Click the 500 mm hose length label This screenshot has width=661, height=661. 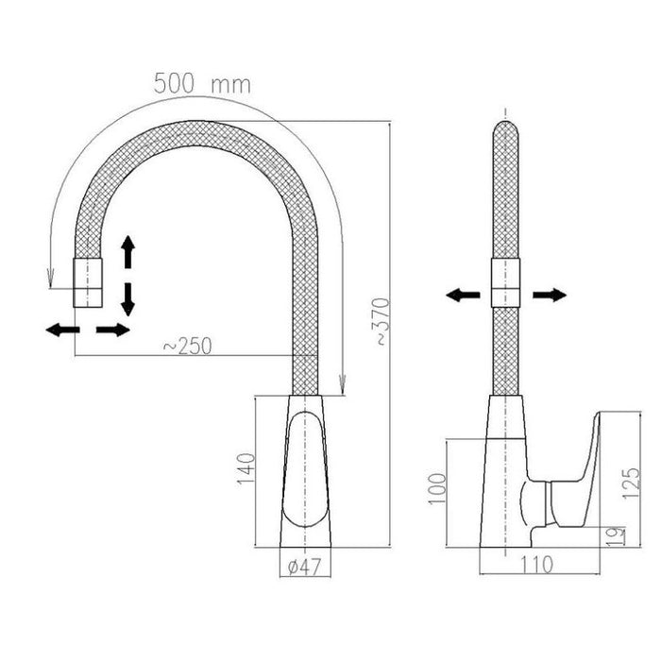[202, 83]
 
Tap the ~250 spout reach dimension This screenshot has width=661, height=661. [188, 347]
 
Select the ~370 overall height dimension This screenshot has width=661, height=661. [382, 322]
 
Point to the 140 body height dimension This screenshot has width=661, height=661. [246, 468]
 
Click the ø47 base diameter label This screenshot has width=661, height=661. [305, 567]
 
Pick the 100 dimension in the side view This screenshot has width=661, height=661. [436, 488]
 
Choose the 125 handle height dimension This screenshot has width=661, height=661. [631, 483]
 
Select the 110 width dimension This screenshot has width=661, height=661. [535, 565]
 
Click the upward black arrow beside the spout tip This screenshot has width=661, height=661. [127, 252]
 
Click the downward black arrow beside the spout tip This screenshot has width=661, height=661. [127, 299]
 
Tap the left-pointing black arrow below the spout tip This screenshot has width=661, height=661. [62, 330]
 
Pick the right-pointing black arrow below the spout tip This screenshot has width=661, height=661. [113, 330]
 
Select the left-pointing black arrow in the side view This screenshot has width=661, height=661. [463, 295]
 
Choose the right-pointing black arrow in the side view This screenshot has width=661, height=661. [550, 295]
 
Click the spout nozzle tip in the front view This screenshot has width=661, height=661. [88, 282]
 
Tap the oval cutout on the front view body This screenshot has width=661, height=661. [305, 468]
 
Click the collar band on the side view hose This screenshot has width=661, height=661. [505, 282]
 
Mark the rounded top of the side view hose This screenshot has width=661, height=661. [505, 127]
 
